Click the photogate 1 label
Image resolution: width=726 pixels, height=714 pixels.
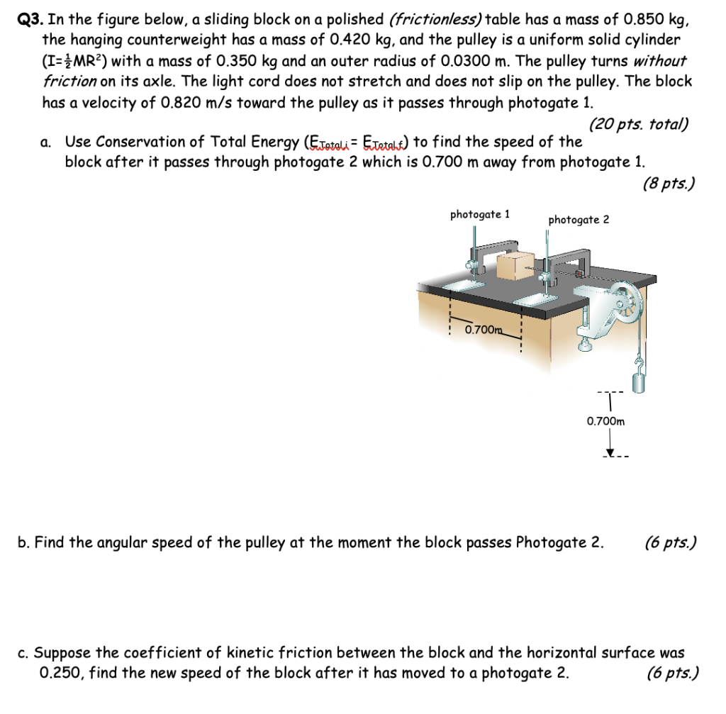tap(480, 214)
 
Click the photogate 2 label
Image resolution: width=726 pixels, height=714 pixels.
tap(578, 220)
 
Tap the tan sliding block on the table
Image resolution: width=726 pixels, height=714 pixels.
tap(515, 267)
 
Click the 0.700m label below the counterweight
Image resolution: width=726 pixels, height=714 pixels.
tap(606, 421)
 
